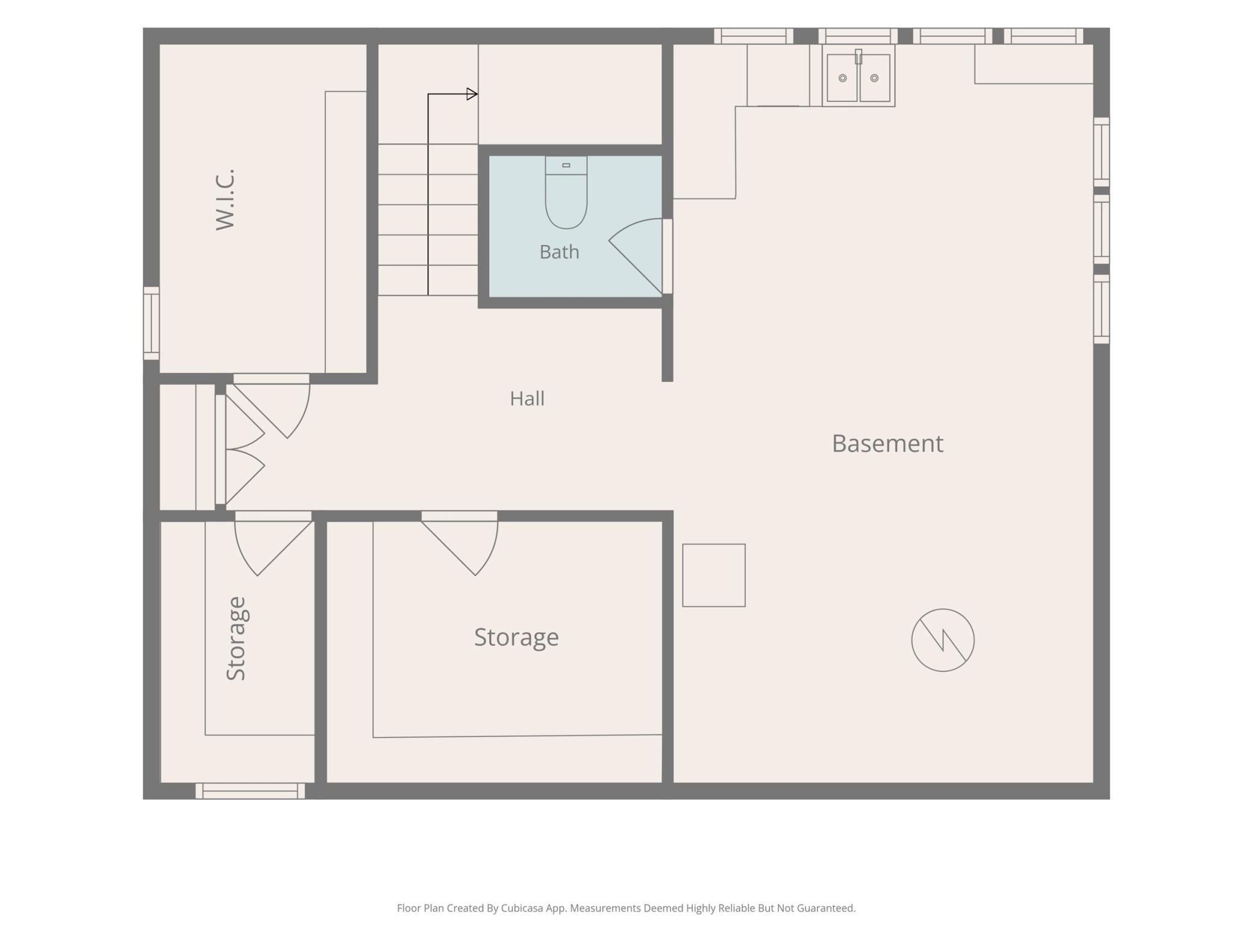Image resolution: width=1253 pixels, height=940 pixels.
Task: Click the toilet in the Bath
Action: (566, 192)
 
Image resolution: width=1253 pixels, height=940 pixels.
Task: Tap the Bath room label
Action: (559, 252)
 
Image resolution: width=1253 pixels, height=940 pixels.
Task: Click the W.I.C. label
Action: (225, 199)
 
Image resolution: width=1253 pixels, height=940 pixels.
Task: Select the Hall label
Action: (527, 398)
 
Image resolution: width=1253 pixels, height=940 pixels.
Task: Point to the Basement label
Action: (887, 443)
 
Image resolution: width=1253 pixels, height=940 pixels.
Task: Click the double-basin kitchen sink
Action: (858, 77)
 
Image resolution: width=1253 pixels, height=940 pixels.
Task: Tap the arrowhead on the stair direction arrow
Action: (472, 94)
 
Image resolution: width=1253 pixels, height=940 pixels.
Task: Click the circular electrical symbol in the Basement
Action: (943, 640)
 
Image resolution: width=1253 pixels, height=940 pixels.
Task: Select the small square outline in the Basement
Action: (714, 575)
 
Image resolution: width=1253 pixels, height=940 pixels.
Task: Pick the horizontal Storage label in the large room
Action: (516, 638)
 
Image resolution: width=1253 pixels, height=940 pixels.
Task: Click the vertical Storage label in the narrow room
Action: (236, 639)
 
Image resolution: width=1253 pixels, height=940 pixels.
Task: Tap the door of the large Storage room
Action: (460, 543)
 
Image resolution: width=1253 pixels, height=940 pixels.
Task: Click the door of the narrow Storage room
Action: (273, 543)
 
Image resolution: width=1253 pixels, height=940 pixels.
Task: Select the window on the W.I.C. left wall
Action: (151, 323)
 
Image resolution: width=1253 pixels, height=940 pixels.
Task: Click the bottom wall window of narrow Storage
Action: (250, 791)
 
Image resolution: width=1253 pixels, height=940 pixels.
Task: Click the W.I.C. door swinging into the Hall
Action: (272, 406)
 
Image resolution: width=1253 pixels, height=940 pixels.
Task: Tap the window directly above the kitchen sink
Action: (858, 36)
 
